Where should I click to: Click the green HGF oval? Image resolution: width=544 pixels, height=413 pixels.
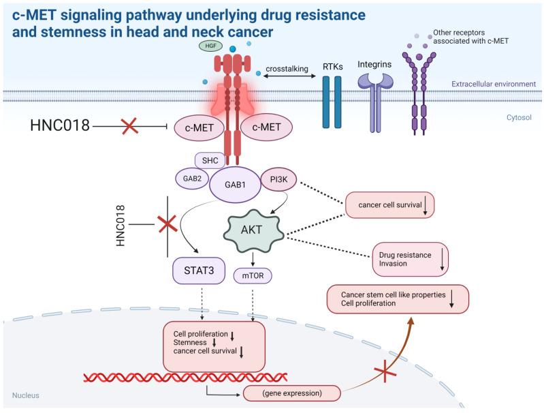(x=208, y=46)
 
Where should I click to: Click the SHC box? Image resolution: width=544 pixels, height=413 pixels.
(x=208, y=160)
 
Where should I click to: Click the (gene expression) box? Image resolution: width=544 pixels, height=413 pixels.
(x=292, y=393)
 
